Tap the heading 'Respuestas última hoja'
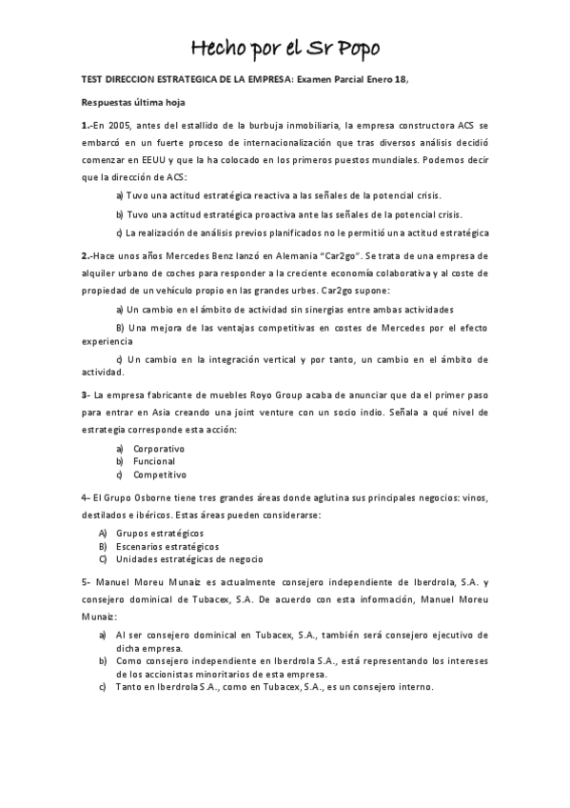click(131, 101)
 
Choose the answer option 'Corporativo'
click(159, 448)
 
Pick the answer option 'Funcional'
click(154, 461)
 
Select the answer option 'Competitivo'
click(160, 475)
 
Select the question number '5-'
click(86, 581)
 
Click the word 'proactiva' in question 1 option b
click(262, 214)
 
